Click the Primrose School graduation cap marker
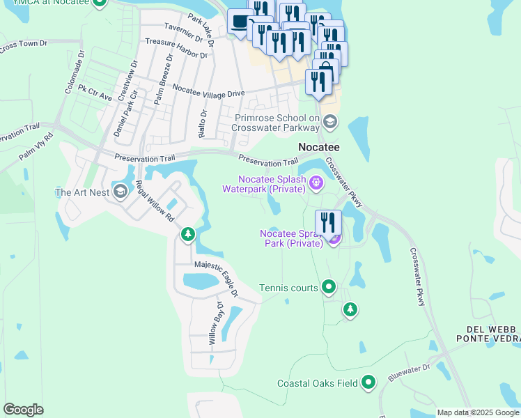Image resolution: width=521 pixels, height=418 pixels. (330, 123)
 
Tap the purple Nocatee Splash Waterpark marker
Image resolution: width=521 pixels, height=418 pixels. (316, 183)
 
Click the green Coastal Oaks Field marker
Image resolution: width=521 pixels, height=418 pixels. (368, 382)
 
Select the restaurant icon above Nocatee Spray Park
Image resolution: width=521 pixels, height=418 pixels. (328, 223)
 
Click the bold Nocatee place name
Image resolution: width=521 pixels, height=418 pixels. (319, 147)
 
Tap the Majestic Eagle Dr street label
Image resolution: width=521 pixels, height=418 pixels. (217, 277)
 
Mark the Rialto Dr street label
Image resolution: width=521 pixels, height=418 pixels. (204, 122)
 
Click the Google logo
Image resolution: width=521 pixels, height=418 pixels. (23, 409)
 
